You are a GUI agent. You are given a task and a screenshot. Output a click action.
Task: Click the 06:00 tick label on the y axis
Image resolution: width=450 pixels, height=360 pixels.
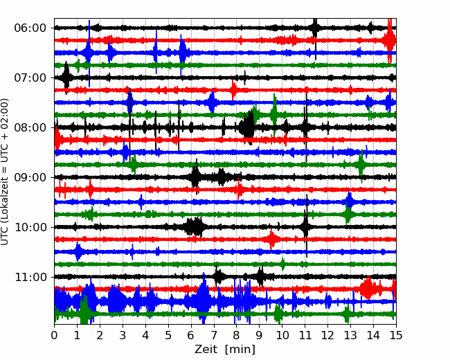pos(30,28)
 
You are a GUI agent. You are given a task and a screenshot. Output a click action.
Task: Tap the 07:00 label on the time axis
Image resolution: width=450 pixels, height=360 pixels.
pos(30,78)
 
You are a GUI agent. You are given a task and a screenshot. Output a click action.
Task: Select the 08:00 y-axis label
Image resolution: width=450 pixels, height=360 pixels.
pos(30,128)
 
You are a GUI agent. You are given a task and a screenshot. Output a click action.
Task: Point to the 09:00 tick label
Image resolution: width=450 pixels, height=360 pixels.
pos(30,178)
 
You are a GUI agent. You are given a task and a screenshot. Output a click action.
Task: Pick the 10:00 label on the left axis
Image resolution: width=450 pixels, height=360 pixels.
pos(30,227)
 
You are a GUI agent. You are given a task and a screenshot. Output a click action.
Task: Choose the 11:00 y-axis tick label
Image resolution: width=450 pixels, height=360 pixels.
pos(30,278)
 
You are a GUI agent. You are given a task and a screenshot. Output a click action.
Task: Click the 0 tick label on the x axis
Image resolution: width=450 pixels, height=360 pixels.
pos(54,335)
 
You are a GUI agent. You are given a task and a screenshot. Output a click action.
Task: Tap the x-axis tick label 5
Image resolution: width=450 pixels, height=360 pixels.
pos(168,335)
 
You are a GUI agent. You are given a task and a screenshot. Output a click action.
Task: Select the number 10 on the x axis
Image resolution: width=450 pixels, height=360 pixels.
pos(282,335)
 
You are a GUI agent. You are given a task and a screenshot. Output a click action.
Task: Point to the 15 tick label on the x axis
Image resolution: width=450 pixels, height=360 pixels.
pos(396,335)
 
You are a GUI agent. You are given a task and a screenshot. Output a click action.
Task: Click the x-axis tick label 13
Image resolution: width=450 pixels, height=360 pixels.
pos(350,335)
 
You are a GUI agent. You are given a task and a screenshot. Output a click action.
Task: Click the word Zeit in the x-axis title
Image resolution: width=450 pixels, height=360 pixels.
pos(206,350)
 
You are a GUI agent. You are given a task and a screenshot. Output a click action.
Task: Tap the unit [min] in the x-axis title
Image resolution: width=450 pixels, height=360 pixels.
pos(240,350)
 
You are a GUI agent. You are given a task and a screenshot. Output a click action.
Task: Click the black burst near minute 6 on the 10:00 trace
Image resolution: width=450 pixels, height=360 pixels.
pos(195,227)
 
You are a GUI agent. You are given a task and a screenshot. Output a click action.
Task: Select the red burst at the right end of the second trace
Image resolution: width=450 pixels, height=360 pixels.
pos(390,40)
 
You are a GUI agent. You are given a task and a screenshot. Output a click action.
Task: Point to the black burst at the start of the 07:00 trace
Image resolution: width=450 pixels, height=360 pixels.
pos(66,77)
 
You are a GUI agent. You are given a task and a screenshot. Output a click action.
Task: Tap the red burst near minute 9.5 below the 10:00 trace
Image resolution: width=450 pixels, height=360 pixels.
pos(272,239)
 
